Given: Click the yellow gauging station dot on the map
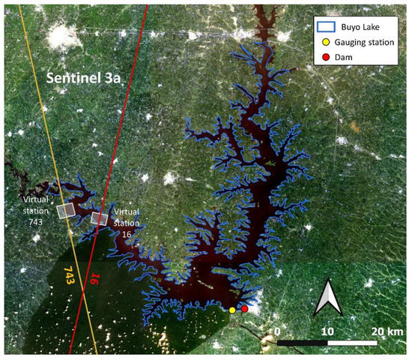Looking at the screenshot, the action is [232, 309].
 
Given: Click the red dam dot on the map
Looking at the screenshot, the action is [245, 309].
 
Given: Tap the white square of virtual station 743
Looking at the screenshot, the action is [67, 210].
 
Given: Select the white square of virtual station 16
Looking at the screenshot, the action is [99, 218].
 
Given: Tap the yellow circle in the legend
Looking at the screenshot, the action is [324, 43].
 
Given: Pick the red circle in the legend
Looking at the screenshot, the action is [324, 58].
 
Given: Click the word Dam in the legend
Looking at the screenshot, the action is [348, 58].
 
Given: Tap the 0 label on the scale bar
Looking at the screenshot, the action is [278, 331].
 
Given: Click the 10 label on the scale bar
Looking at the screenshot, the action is [327, 331].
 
